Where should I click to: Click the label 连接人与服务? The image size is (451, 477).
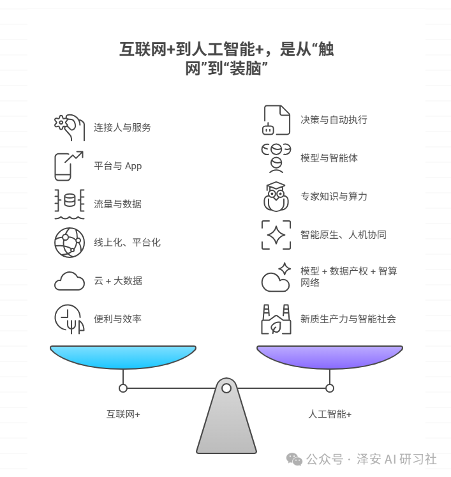[x=122, y=128]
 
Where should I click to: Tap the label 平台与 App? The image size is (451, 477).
[x=117, y=166]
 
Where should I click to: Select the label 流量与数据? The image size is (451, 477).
[x=117, y=204]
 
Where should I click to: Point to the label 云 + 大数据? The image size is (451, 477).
[x=118, y=281]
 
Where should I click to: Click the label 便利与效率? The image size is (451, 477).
[x=117, y=319]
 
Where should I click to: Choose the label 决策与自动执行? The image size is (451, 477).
[x=334, y=120]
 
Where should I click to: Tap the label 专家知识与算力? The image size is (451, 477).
[x=334, y=197]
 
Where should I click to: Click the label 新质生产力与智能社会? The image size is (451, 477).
[x=348, y=319]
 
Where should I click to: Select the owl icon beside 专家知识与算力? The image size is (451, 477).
[x=276, y=197]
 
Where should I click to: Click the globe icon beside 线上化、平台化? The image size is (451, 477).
[x=69, y=243]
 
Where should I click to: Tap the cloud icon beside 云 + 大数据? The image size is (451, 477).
[x=69, y=281]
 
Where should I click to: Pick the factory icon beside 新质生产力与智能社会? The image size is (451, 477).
[x=276, y=319]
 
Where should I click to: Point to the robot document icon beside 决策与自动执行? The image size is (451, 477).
[x=276, y=120]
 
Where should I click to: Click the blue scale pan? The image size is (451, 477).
[x=123, y=356]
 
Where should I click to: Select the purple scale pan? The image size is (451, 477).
[x=329, y=356]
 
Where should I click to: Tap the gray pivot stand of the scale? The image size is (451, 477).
[x=226, y=421]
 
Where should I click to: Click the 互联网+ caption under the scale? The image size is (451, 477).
[x=123, y=414]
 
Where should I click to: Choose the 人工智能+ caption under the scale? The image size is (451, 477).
[x=329, y=414]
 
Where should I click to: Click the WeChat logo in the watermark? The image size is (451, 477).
[x=294, y=459]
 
